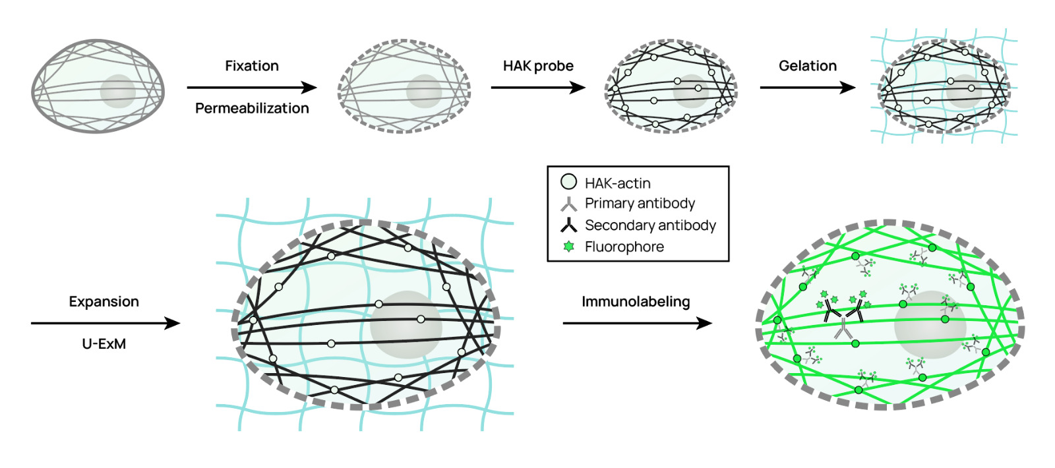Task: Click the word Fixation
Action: click(x=251, y=66)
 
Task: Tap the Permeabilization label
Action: click(x=252, y=108)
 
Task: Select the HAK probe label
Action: click(x=538, y=66)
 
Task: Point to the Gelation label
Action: click(x=807, y=66)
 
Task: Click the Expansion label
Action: click(x=104, y=302)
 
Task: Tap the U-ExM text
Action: click(x=104, y=343)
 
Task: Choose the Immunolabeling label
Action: click(x=636, y=302)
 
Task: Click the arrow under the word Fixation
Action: click(x=251, y=87)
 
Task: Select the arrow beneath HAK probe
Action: click(x=538, y=87)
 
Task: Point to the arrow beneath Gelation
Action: click(x=807, y=87)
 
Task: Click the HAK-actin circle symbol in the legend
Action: click(x=568, y=182)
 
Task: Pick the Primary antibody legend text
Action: click(x=640, y=203)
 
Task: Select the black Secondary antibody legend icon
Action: click(x=568, y=225)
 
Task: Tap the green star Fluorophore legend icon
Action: click(x=568, y=247)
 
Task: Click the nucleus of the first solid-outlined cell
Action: click(x=118, y=91)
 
